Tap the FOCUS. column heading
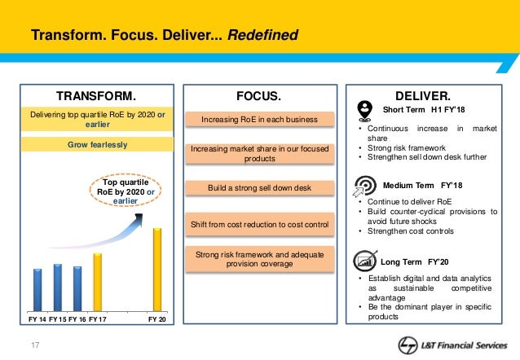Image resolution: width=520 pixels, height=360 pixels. [258, 94]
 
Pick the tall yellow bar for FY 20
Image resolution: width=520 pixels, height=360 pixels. [157, 269]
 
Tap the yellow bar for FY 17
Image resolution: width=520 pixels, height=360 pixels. [97, 282]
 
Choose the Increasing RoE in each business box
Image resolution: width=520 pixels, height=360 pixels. [260, 121]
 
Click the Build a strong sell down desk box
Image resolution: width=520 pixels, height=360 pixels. [260, 188]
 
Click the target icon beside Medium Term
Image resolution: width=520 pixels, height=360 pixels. [364, 186]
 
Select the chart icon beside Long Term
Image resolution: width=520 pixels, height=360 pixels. [364, 261]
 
